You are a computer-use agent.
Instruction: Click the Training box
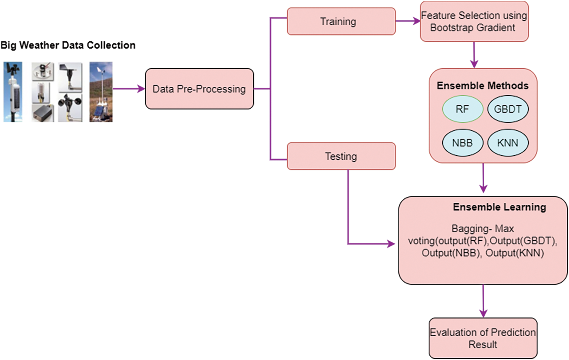[x=341, y=22]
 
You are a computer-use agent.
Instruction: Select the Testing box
[x=341, y=156]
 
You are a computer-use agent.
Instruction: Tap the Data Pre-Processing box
[x=199, y=89]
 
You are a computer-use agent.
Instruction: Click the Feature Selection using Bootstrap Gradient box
[x=474, y=22]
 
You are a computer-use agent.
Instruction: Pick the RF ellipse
[x=462, y=109]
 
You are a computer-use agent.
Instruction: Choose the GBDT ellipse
[x=508, y=109]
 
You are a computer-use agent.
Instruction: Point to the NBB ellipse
[x=462, y=143]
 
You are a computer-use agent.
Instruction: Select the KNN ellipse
[x=508, y=143]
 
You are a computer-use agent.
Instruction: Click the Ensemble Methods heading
[x=482, y=86]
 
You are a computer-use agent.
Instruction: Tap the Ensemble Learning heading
[x=499, y=207]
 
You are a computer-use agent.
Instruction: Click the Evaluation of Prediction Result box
[x=483, y=338]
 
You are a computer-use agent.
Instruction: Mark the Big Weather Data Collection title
[x=68, y=45]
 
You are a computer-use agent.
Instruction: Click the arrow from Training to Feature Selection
[x=408, y=22]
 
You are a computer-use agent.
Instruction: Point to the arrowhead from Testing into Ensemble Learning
[x=391, y=244]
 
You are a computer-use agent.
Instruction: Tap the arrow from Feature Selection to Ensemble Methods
[x=474, y=55]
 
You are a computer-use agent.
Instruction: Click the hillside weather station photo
[x=101, y=92]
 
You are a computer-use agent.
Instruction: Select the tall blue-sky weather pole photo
[x=13, y=92]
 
